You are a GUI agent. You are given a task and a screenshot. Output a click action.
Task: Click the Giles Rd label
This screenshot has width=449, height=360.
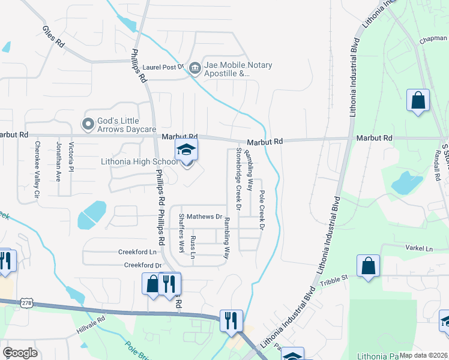coord(53,37)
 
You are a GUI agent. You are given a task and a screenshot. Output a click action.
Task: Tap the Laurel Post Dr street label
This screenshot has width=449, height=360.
coord(163,68)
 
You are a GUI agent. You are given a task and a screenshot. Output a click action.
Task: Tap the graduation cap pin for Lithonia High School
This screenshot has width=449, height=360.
coord(186,151)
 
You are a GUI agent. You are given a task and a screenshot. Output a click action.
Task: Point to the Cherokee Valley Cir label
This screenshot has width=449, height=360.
coord(37,170)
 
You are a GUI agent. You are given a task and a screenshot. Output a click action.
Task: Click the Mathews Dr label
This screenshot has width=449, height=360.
coord(204,216)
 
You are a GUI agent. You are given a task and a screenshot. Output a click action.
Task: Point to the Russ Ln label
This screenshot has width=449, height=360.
coord(193,247)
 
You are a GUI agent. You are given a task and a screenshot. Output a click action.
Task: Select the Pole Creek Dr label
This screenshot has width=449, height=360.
coord(262,210)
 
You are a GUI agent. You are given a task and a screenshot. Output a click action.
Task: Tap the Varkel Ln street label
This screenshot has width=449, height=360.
coord(420,248)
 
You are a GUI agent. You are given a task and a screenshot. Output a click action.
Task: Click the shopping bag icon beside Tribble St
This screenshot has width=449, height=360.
coord(368,267)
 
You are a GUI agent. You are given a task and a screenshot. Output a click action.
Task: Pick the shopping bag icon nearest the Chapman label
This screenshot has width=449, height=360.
coord(418,101)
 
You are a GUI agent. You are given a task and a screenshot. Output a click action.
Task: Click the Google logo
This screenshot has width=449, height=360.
coord(20,353)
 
